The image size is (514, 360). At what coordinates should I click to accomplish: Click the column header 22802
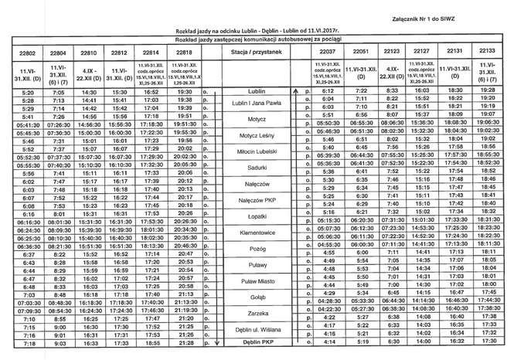[x=22, y=53]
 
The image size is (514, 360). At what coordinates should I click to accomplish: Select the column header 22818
[x=186, y=53]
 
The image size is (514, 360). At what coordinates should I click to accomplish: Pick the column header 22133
[x=488, y=53]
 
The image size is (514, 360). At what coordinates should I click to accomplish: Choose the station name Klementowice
[x=259, y=231]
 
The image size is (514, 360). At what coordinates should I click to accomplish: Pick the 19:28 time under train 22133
[x=488, y=90]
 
